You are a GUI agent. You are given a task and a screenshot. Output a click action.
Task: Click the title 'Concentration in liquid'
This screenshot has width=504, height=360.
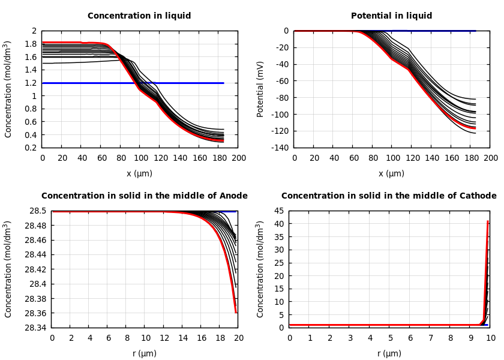click(139, 16)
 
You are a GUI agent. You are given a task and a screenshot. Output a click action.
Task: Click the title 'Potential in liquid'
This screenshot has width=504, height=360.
click(391, 16)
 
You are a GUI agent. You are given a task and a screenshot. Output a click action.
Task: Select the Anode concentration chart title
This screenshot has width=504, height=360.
click(144, 196)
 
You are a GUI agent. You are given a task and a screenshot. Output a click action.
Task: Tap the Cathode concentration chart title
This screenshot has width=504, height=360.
click(389, 196)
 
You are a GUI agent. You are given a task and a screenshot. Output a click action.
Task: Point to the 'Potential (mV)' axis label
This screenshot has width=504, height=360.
click(260, 89)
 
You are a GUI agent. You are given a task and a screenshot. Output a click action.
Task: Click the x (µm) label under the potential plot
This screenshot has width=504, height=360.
click(391, 174)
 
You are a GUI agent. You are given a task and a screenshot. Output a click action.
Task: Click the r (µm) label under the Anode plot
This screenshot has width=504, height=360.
click(144, 354)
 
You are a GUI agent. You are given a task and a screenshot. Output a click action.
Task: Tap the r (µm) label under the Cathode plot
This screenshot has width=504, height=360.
click(389, 354)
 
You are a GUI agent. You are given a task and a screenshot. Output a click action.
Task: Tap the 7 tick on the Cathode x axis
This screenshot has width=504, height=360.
click(430, 338)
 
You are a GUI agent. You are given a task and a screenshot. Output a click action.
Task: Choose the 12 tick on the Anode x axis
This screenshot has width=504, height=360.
click(164, 338)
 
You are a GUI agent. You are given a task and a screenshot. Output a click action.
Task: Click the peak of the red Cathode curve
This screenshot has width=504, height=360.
click(488, 221)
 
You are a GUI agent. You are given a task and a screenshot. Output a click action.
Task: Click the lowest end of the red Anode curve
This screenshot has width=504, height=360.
click(236, 312)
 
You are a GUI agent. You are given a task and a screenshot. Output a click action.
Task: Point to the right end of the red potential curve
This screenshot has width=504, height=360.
click(475, 128)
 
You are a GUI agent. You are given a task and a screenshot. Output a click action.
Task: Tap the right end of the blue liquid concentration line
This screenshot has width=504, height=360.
click(223, 83)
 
